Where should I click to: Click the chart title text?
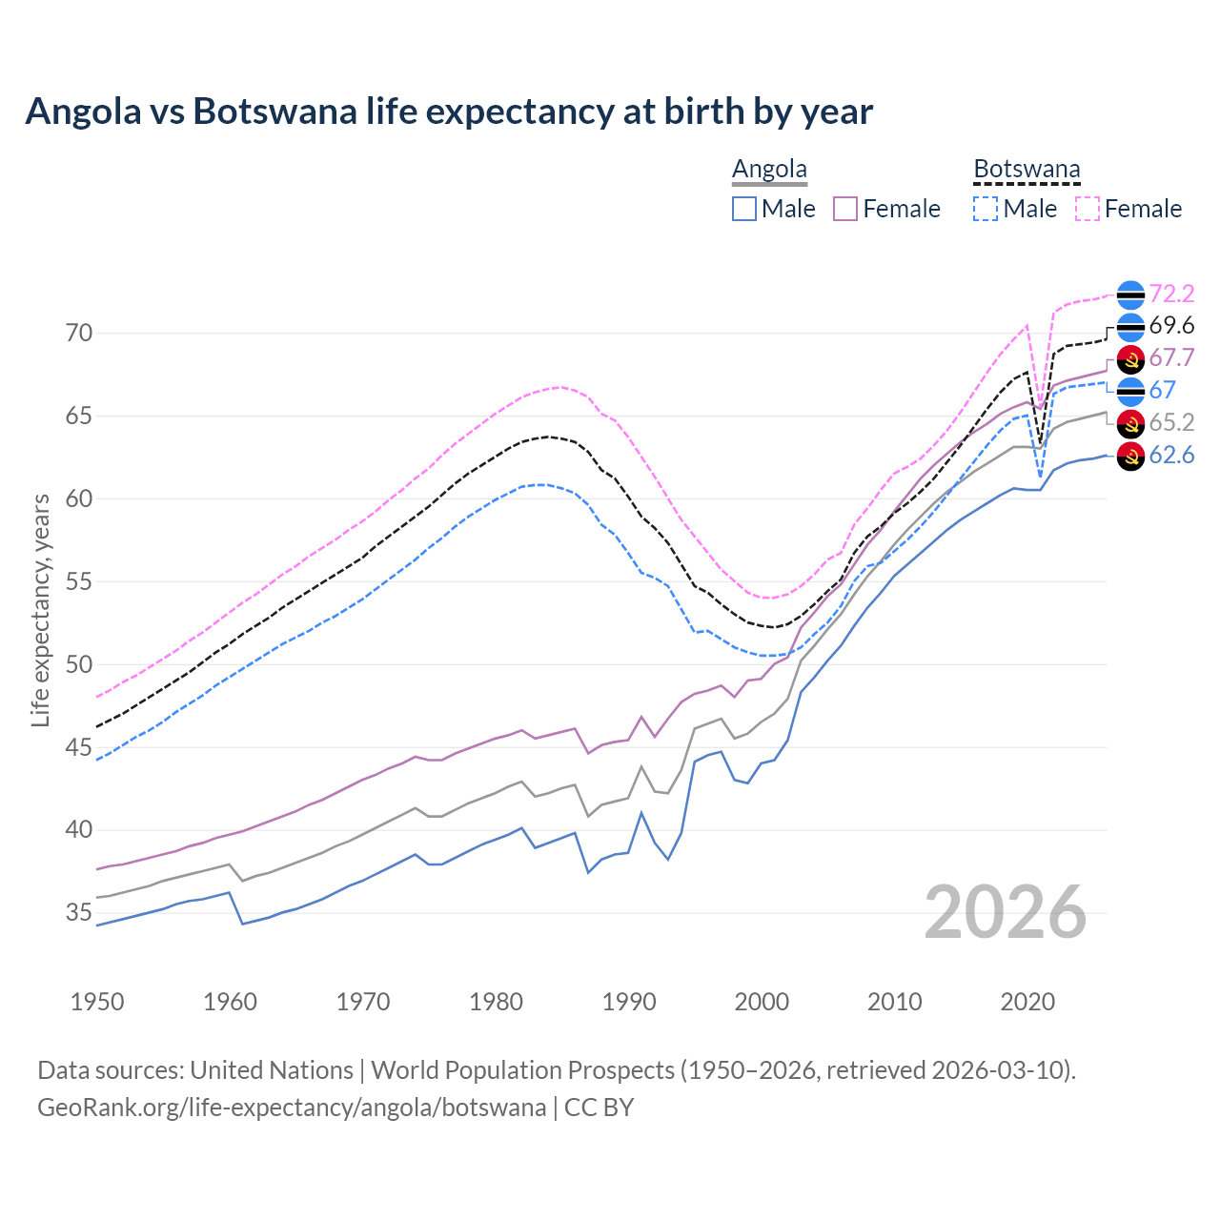click(449, 112)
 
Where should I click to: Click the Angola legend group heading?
click(769, 170)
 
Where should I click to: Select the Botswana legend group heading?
click(1027, 170)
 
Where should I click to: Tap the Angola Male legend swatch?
click(744, 209)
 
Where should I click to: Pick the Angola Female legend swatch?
click(846, 209)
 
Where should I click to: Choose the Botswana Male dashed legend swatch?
click(986, 209)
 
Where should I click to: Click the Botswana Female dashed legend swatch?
click(1088, 209)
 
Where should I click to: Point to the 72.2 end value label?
click(1171, 294)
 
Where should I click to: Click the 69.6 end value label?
click(1171, 326)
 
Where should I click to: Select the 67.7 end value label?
click(1171, 358)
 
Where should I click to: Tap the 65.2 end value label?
click(1171, 422)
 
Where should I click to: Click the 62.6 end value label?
click(1171, 456)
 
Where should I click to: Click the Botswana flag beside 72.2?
click(1130, 295)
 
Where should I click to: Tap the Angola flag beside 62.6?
click(1130, 456)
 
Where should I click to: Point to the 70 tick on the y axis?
click(79, 334)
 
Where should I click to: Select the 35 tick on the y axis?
click(79, 913)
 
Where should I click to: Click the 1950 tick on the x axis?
click(97, 1002)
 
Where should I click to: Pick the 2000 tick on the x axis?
click(762, 1002)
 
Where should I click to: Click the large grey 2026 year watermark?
click(1006, 913)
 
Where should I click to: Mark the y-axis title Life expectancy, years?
click(41, 610)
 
